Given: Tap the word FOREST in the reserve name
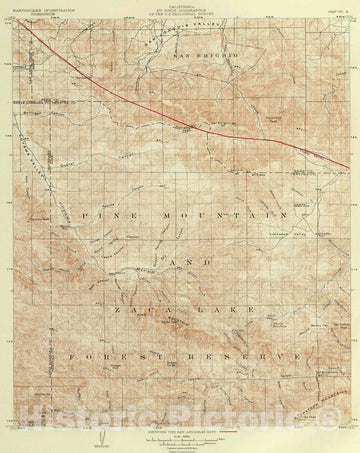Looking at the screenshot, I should (119, 354).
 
